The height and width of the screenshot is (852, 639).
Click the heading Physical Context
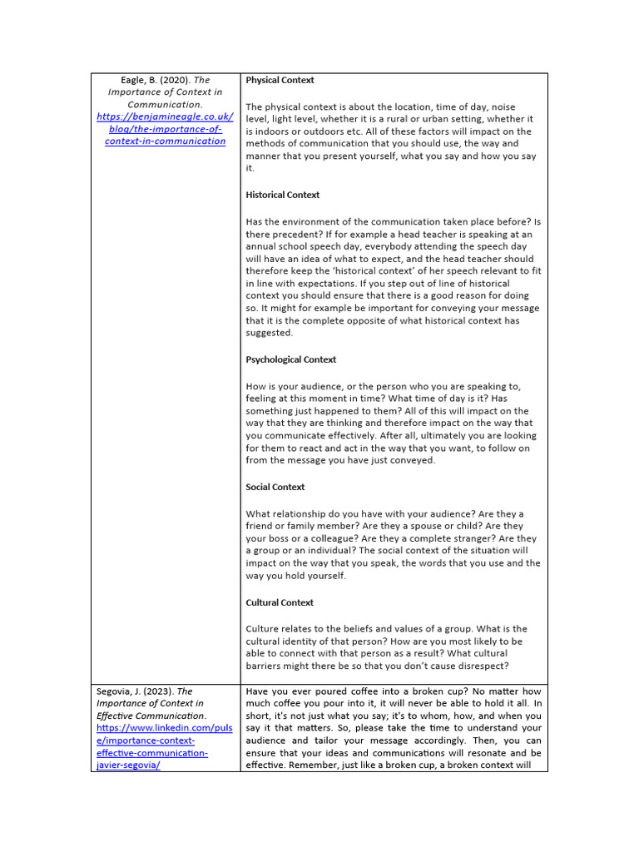(x=280, y=80)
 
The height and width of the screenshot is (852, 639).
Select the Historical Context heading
(x=282, y=195)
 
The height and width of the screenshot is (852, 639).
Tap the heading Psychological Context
(x=290, y=359)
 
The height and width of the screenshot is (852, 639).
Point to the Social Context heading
(x=275, y=487)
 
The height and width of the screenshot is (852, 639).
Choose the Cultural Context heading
(x=279, y=602)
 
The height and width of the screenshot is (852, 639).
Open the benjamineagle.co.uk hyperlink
(x=165, y=129)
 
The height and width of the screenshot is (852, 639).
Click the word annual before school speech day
(x=266, y=247)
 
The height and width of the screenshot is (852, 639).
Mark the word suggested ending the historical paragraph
(x=269, y=333)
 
